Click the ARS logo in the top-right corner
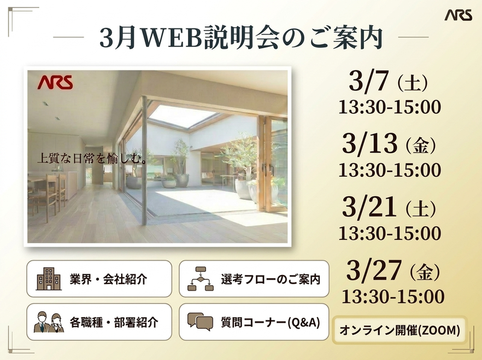pyautogui.click(x=458, y=15)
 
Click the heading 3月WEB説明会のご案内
pyautogui.click(x=241, y=37)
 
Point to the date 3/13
pyautogui.click(x=369, y=145)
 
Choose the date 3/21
pyautogui.click(x=369, y=207)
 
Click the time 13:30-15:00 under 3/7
pyautogui.click(x=390, y=107)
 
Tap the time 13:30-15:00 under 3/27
pyautogui.click(x=393, y=296)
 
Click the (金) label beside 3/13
pyautogui.click(x=421, y=146)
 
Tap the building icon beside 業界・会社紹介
pyautogui.click(x=49, y=279)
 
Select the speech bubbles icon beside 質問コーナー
pyautogui.click(x=200, y=321)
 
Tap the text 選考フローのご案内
pyautogui.click(x=271, y=279)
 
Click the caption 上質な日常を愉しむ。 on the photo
pyautogui.click(x=92, y=159)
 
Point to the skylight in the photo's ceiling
pyautogui.click(x=181, y=116)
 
